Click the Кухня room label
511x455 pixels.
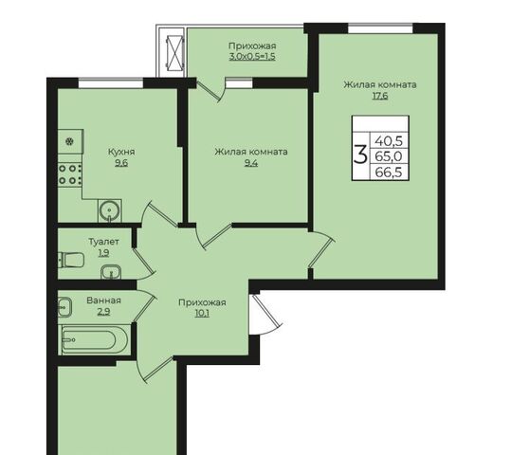pyautogui.click(x=121, y=152)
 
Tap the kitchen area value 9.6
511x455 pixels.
pyautogui.click(x=121, y=163)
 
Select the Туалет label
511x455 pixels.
pyautogui.click(x=103, y=242)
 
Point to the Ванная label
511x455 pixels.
pyautogui.click(x=103, y=300)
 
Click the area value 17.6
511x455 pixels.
pyautogui.click(x=380, y=96)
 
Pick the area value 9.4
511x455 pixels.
pyautogui.click(x=251, y=163)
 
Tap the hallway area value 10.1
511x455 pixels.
pyautogui.click(x=202, y=314)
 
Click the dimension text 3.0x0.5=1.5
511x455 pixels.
pyautogui.click(x=252, y=56)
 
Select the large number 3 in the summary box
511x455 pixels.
pyautogui.click(x=360, y=155)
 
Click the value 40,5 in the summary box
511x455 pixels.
pyautogui.click(x=389, y=141)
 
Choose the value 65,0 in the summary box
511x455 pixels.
pyautogui.click(x=389, y=156)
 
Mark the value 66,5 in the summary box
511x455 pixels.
pyautogui.click(x=389, y=172)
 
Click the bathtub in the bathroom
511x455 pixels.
pyautogui.click(x=94, y=339)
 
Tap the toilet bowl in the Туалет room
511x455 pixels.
pyautogui.click(x=71, y=260)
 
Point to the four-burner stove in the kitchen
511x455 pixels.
pyautogui.click(x=70, y=174)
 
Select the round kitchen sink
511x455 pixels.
pyautogui.click(x=110, y=210)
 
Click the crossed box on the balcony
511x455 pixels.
pyautogui.click(x=174, y=53)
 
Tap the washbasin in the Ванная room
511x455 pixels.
pyautogui.click(x=64, y=307)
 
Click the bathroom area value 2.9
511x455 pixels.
pyautogui.click(x=103, y=312)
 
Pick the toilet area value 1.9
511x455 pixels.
pyautogui.click(x=103, y=252)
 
